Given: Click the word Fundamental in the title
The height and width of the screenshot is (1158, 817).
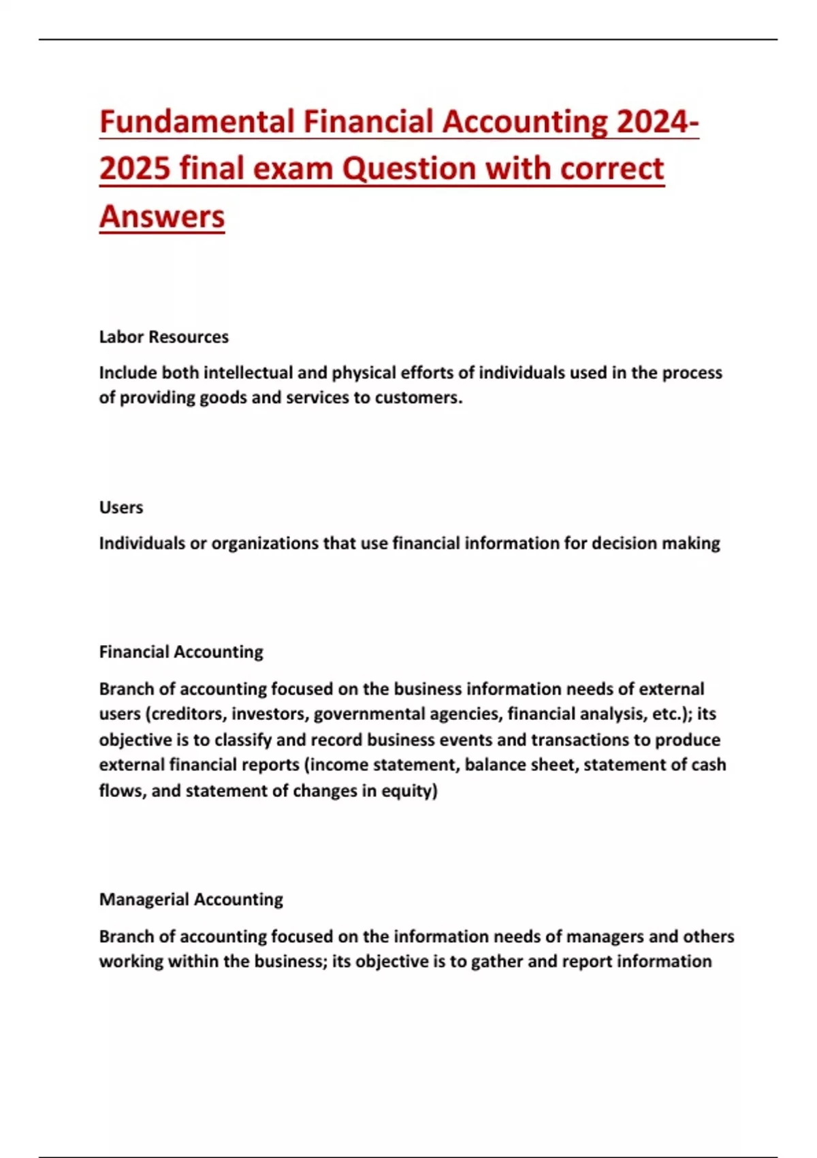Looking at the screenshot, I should coord(197,122).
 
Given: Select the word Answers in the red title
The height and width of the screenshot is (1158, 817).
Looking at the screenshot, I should coord(162,217).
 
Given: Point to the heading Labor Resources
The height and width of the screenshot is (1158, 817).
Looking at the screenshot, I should coord(163,337).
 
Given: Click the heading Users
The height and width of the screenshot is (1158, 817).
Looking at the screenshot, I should coord(121,507).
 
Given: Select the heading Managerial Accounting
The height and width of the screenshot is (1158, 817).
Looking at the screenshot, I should coord(191,900).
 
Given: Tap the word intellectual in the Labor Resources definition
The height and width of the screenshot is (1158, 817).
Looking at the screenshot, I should coord(248,373).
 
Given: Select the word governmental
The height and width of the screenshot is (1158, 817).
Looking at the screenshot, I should coord(370,715).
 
